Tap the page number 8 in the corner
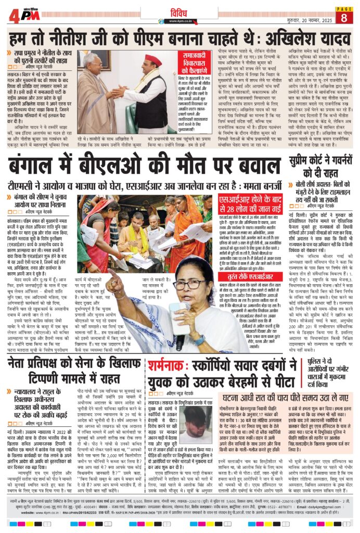pos(344,17)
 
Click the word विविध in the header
pos(180,11)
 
